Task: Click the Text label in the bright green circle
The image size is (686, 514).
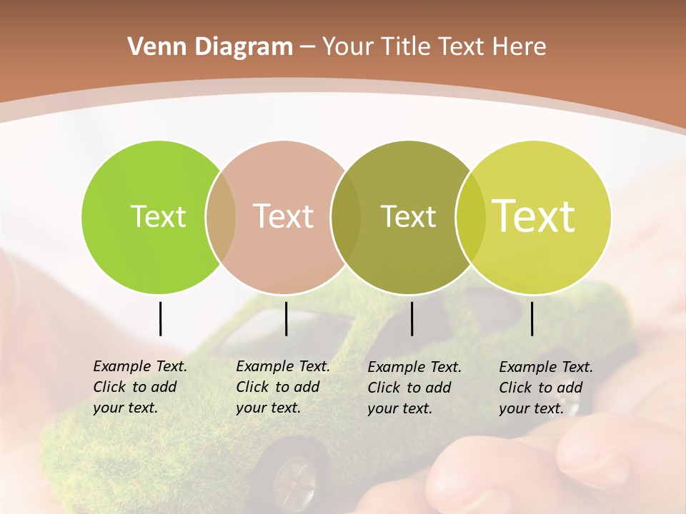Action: (158, 217)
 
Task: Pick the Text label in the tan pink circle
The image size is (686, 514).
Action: (284, 217)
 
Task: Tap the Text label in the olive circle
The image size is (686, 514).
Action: (408, 217)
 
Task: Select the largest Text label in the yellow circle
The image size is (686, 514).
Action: (534, 216)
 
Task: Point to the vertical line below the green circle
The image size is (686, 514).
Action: (160, 318)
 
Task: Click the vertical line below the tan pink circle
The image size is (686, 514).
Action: (286, 318)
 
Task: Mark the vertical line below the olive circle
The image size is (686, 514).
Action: (412, 318)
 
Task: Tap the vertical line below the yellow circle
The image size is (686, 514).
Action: (532, 318)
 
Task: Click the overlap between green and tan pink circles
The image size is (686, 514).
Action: (221, 217)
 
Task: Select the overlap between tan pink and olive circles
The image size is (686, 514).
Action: (346, 217)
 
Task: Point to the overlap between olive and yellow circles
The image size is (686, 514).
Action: (469, 217)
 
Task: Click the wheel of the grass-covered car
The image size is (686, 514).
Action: (293, 474)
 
